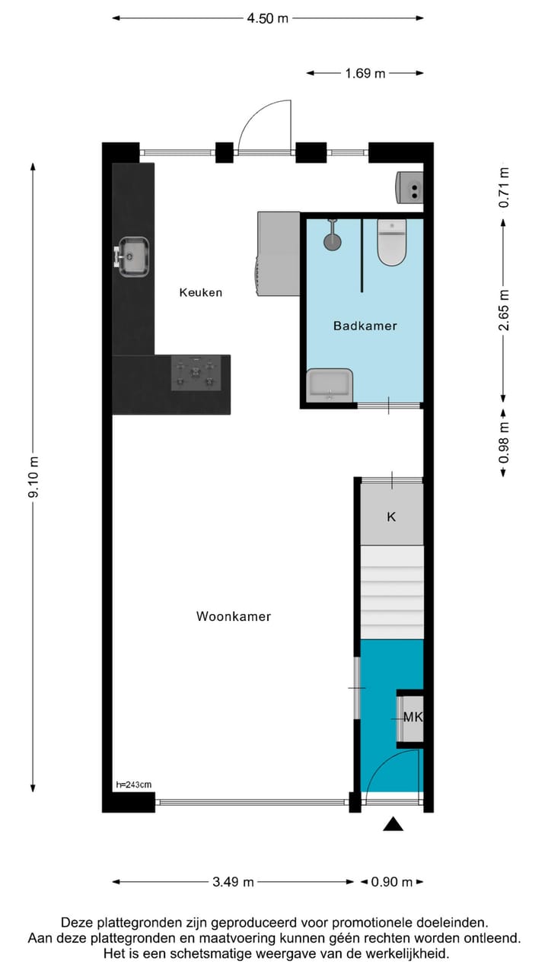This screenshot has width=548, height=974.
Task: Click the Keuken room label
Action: (201, 292)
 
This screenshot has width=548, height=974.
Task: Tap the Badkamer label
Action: (365, 326)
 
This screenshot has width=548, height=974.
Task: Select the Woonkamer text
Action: (234, 616)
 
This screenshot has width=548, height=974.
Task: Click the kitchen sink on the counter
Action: (132, 256)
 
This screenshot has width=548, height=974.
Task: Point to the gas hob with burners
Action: (196, 373)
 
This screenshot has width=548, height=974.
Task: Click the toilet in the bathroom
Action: (392, 242)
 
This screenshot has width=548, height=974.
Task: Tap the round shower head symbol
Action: (333, 240)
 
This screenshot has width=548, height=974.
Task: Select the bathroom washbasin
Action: (330, 384)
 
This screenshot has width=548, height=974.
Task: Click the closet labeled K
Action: (391, 517)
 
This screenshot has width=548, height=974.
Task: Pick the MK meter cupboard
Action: (412, 717)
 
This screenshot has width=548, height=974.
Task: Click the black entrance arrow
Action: (393, 823)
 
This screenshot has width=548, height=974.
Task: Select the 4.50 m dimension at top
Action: (267, 18)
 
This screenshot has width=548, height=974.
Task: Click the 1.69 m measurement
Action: (365, 74)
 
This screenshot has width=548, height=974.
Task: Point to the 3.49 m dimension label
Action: (233, 882)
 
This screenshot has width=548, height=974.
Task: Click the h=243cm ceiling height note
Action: (132, 785)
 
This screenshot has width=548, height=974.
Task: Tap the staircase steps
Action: (391, 592)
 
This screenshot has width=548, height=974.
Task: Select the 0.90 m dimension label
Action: (391, 882)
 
